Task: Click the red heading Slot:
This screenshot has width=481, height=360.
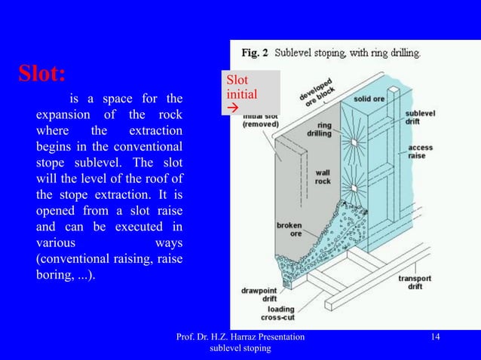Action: (41, 74)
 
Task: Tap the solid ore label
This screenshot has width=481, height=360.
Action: (371, 99)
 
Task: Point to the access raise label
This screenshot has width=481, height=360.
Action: (421, 151)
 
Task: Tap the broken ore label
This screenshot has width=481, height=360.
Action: (289, 229)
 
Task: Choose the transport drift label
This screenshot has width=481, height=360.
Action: (415, 283)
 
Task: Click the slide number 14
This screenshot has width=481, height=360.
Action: (435, 337)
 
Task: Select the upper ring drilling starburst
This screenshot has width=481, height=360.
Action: (353, 142)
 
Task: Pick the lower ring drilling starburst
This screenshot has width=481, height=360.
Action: (353, 188)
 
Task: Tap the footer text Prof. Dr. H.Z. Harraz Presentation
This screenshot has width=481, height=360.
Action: (240, 337)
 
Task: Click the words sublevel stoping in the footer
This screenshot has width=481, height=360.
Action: (239, 350)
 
